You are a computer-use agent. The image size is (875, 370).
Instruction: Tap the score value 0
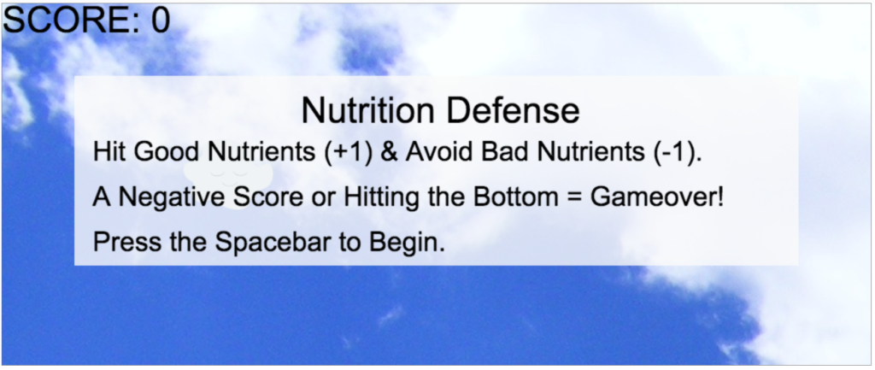161,21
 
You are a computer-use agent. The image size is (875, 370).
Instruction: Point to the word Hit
110,152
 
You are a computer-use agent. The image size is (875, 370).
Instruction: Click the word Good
167,152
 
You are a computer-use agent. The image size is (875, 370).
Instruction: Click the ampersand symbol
389,152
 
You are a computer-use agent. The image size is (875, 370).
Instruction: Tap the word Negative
173,197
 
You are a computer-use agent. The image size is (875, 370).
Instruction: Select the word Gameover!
657,197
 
